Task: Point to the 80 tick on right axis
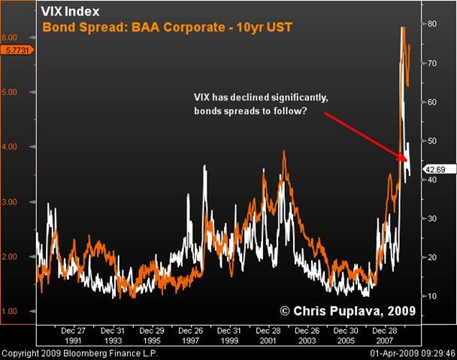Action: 433,24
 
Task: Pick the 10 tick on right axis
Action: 433,296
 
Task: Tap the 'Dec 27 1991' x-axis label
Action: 73,335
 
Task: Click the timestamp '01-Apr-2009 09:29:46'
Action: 411,353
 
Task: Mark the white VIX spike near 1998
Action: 204,166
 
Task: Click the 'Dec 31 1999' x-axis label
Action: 230,335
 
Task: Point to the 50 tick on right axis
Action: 433,141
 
